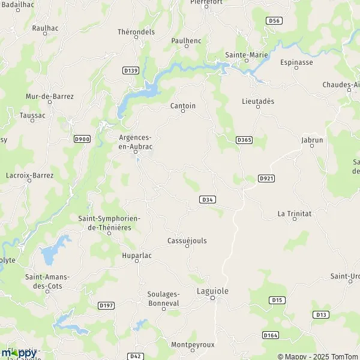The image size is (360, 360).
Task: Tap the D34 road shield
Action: point(207,199)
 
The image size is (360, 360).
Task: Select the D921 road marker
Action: point(266,178)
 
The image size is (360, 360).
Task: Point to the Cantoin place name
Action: point(184,106)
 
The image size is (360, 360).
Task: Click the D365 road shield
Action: point(244,140)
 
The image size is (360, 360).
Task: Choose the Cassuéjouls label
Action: point(187,241)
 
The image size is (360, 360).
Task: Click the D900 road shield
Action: point(82,139)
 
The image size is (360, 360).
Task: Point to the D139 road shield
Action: point(130,70)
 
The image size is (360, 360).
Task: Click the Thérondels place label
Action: point(136,32)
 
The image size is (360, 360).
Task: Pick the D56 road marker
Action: point(274,20)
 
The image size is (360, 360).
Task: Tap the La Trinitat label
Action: point(293,213)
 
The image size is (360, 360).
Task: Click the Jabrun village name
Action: point(312,140)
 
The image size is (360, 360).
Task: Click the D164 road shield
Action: point(271,334)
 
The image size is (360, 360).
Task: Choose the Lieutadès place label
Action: point(258,101)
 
